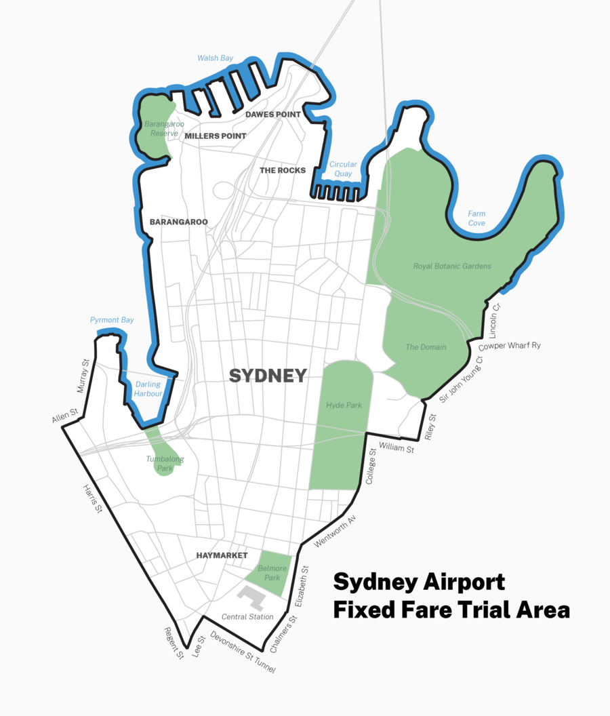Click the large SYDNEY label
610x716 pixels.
pyautogui.click(x=268, y=376)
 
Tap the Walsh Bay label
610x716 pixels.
pyautogui.click(x=216, y=58)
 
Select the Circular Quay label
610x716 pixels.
pyautogui.click(x=343, y=169)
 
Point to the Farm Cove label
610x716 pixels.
pyautogui.click(x=476, y=218)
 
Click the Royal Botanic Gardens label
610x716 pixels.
pyautogui.click(x=452, y=266)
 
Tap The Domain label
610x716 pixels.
pyautogui.click(x=426, y=347)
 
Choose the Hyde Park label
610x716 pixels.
pyautogui.click(x=344, y=405)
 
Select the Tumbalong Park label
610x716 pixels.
pyautogui.click(x=165, y=463)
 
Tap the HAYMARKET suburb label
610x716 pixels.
pyautogui.click(x=222, y=555)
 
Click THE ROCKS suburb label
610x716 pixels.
pyautogui.click(x=283, y=170)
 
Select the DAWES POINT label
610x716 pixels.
pyautogui.click(x=272, y=115)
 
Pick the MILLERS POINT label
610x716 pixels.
pyautogui.click(x=215, y=136)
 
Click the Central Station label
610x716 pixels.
pyautogui.click(x=248, y=617)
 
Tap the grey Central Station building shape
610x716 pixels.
pyautogui.click(x=253, y=597)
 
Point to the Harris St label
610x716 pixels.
pyautogui.click(x=92, y=498)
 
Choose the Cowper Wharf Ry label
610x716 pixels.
pyautogui.click(x=510, y=346)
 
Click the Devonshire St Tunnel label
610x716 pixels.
pyautogui.click(x=243, y=653)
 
